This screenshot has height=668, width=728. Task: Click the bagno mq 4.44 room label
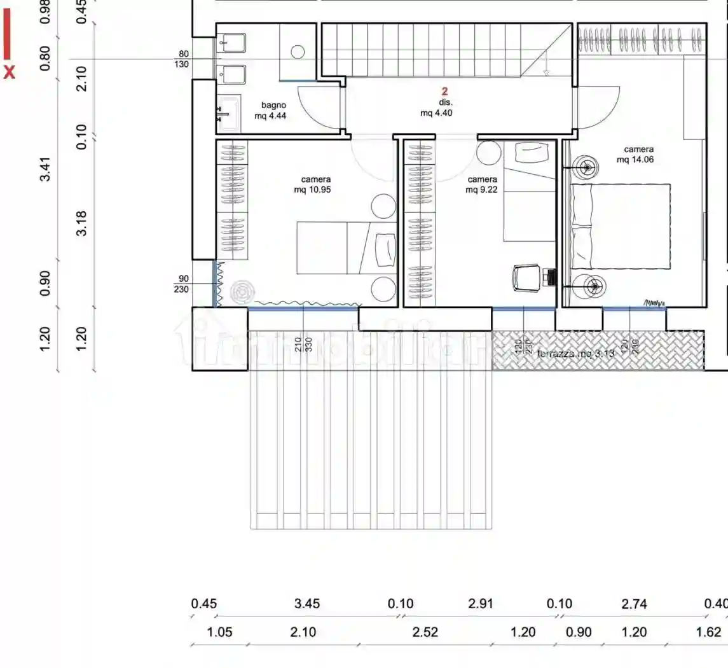tap(273, 110)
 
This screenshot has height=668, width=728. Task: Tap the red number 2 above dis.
tap(444, 92)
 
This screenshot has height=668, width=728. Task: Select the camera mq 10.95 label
tap(315, 184)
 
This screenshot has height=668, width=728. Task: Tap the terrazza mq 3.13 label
tap(575, 354)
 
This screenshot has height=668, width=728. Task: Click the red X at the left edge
tap(9, 72)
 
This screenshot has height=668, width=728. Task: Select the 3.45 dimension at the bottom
tap(307, 604)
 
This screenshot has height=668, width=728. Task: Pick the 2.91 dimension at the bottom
tap(481, 604)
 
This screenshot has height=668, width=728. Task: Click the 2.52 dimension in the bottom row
tap(425, 632)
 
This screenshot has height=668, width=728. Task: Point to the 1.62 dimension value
tap(709, 632)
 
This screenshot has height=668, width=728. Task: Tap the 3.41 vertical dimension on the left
tap(45, 168)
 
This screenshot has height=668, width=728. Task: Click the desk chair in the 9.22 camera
tap(527, 277)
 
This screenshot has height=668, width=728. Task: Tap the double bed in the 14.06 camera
tap(621, 226)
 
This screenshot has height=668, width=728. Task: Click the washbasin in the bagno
tap(228, 114)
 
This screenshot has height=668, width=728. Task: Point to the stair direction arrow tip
tap(546, 74)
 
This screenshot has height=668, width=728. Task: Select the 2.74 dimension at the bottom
tap(634, 604)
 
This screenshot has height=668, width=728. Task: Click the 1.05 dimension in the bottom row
tap(220, 632)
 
